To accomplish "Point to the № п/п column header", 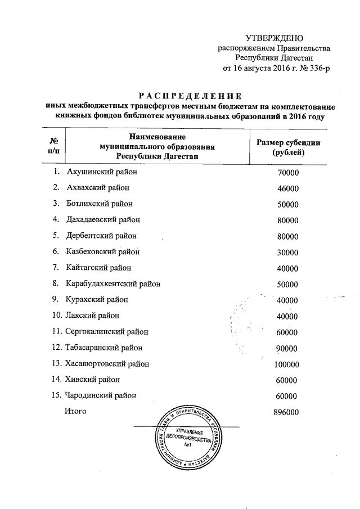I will coord(55,145).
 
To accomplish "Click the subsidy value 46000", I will coord(288,188).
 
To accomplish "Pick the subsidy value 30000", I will coord(288,253).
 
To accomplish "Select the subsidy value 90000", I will coord(288,348).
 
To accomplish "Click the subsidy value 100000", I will coord(288,364).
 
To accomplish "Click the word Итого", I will coord(75,412).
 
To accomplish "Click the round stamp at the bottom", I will coord(188,440).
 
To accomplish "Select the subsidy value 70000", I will coord(288,173).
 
